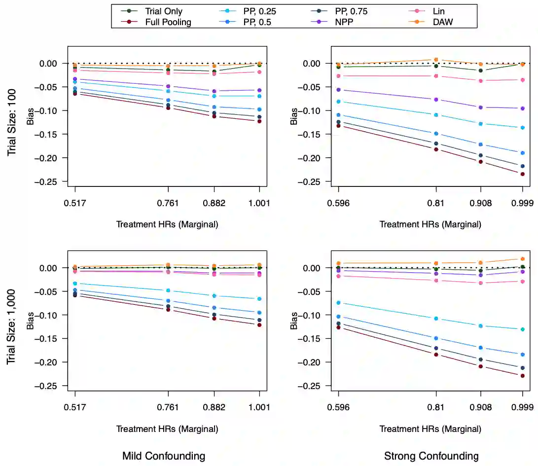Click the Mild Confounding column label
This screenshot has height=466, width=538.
164,456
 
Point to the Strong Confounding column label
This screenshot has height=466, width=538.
431,456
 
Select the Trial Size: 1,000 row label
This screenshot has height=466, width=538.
12,326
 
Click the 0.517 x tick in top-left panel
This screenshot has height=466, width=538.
75,204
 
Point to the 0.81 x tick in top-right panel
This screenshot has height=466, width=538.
435,204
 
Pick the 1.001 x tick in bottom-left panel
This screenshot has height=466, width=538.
259,408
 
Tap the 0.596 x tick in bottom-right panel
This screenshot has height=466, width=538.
338,408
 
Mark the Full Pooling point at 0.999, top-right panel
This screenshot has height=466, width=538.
523,174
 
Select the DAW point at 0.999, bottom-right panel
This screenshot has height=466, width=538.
523,259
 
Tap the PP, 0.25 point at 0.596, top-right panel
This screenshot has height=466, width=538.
338,102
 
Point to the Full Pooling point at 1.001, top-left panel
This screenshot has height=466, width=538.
259,121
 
